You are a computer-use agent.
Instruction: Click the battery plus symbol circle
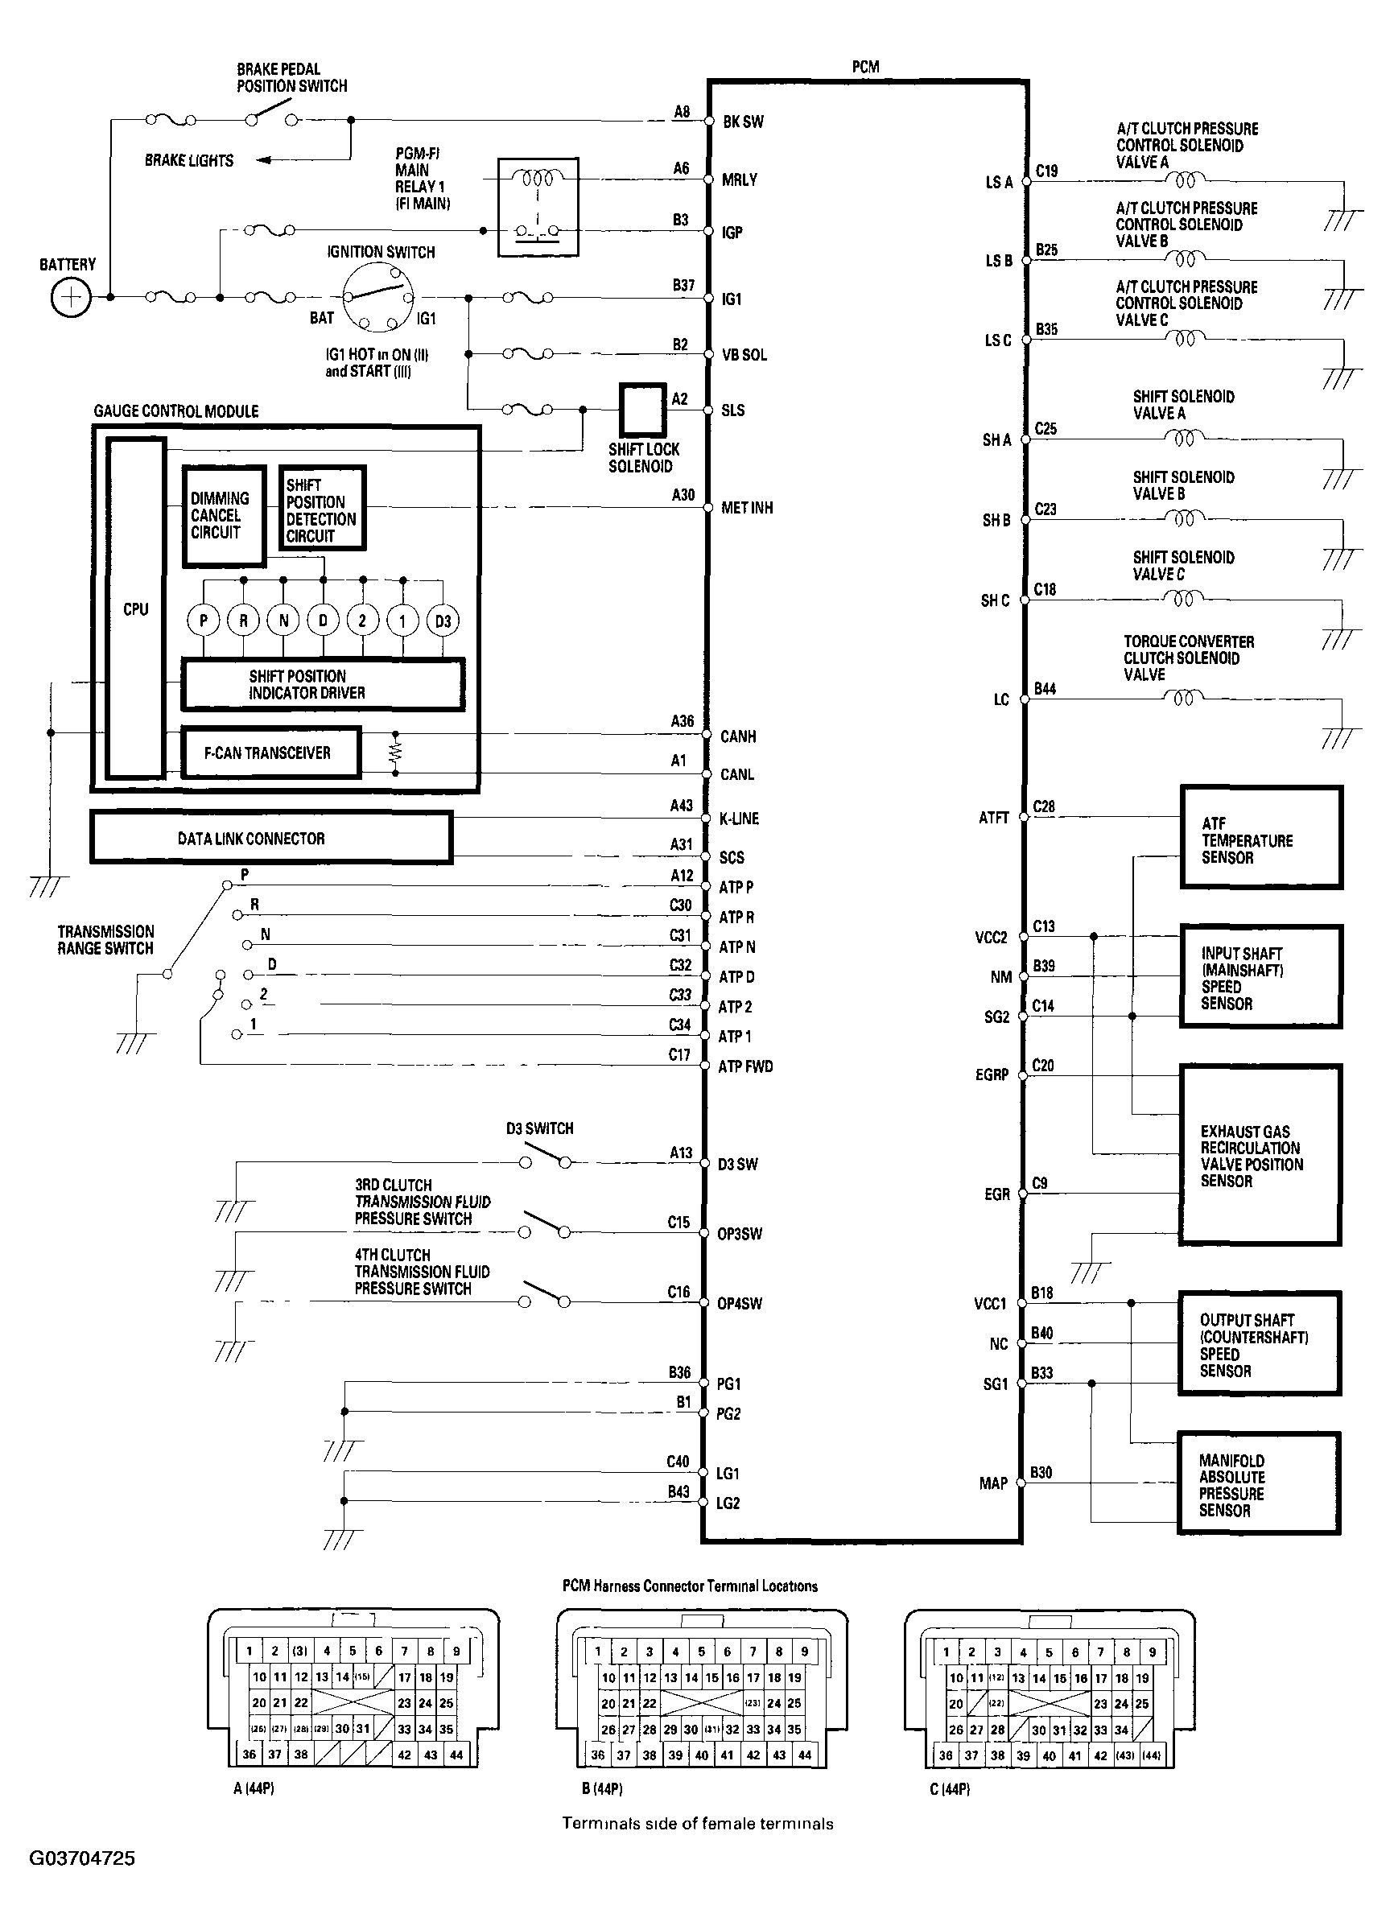point(71,298)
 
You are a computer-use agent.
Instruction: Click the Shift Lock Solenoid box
point(642,410)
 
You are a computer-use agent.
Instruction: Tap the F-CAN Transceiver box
point(270,753)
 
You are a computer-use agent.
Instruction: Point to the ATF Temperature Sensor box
point(1260,838)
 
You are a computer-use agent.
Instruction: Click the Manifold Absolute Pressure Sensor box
point(1258,1483)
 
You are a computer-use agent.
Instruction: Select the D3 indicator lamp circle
point(443,621)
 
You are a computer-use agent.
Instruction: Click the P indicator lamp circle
point(203,621)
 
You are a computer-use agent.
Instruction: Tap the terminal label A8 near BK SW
point(682,111)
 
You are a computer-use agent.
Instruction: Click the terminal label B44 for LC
point(1044,689)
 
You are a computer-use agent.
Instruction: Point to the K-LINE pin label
point(739,819)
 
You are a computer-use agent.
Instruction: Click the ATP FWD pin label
point(744,1066)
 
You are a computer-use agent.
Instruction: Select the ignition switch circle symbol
point(377,297)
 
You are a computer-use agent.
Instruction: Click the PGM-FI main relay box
point(538,206)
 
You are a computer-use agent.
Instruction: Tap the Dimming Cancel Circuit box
point(223,515)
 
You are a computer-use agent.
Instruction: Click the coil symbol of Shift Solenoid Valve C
point(1182,600)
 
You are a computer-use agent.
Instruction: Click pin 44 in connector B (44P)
point(804,1755)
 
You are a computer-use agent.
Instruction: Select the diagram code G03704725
point(82,1859)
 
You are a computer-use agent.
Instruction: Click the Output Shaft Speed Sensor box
point(1259,1344)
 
